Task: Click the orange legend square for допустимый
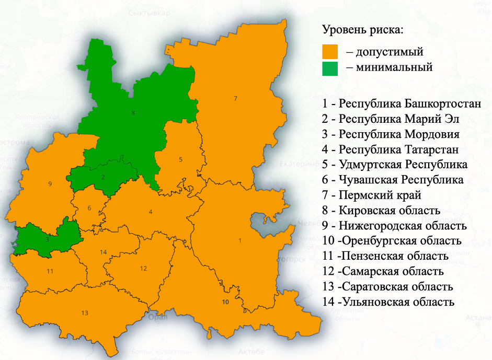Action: tap(330, 52)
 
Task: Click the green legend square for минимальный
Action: tap(330, 68)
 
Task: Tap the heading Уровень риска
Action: tap(363, 29)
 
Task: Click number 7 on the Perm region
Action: tap(235, 99)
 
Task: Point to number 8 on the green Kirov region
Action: tap(133, 113)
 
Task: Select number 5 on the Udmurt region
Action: tap(180, 159)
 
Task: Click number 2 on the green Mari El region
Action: tap(103, 177)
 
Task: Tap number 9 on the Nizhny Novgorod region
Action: tap(50, 183)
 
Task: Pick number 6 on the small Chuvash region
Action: tap(89, 208)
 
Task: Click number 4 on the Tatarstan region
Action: tap(151, 212)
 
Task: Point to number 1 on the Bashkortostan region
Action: tap(240, 240)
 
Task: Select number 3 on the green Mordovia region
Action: tap(48, 239)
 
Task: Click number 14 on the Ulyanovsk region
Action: tap(104, 252)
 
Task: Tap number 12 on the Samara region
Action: tap(143, 268)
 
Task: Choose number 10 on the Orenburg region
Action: tap(225, 302)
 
